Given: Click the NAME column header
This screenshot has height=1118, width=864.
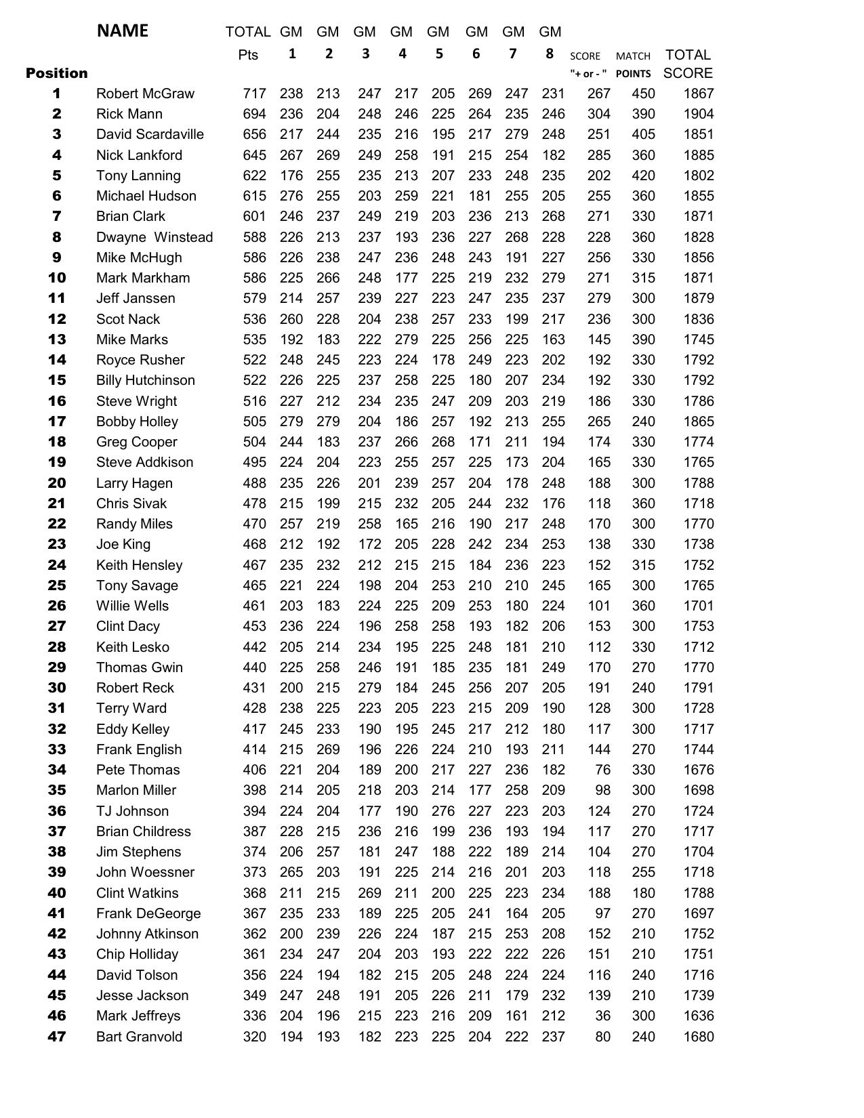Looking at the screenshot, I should click(x=122, y=30).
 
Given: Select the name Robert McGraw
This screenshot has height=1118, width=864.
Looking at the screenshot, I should click(x=145, y=94).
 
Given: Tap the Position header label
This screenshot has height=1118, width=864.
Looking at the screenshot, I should click(x=57, y=73).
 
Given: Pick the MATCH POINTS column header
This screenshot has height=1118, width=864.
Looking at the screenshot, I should click(x=633, y=64).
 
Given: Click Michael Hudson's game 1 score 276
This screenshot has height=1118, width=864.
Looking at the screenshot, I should click(x=291, y=196).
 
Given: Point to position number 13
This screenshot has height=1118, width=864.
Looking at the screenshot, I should click(x=57, y=339).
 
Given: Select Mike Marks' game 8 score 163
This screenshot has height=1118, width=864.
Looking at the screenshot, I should click(x=553, y=339).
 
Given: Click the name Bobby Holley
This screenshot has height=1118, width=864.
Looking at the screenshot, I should click(x=137, y=421).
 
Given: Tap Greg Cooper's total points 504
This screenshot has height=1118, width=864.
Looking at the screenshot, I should click(x=254, y=442).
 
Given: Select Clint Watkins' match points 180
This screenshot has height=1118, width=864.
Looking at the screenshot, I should click(x=643, y=893).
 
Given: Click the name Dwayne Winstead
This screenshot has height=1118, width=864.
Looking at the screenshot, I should click(x=155, y=237).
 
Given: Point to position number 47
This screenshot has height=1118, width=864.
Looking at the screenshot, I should click(x=57, y=1037).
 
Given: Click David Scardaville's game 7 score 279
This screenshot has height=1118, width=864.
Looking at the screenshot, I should click(x=516, y=134).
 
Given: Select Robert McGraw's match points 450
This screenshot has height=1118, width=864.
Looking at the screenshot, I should click(x=643, y=94).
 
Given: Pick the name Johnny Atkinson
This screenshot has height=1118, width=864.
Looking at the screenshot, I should click(x=147, y=934).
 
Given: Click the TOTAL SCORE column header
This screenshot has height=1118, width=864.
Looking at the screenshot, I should click(x=688, y=64).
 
